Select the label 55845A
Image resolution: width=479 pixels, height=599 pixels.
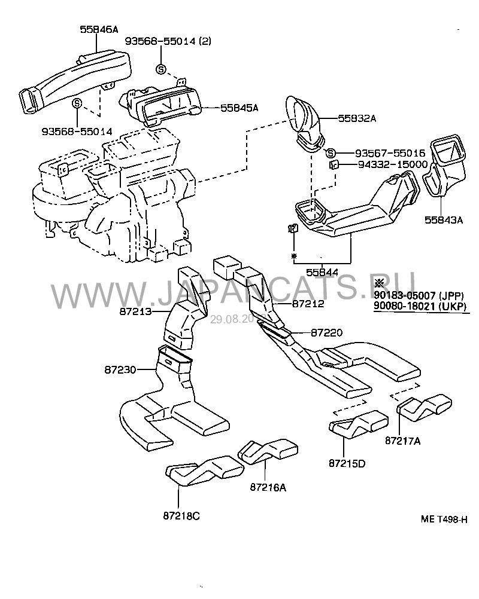point(239,108)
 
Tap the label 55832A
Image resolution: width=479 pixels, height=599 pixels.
point(356,118)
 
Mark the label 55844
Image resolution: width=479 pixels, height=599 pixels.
point(322,272)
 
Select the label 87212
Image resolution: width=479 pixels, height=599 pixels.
point(308,304)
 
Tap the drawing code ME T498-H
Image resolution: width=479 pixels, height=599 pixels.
point(444,521)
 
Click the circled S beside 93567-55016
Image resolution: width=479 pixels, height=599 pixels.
point(331,153)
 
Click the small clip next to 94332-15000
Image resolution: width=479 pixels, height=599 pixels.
point(336,164)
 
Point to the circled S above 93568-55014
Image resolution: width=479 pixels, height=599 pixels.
point(77,103)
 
